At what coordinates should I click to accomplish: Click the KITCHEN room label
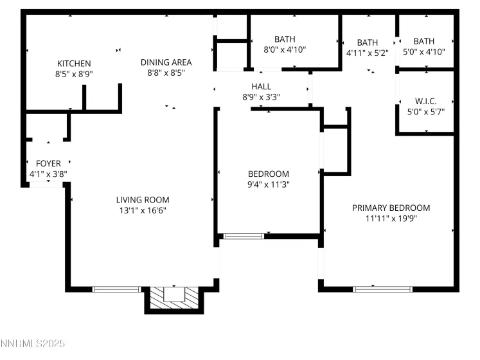pos(74,63)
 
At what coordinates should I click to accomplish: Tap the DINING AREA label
pos(166,62)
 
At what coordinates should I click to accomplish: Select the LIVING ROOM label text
pos(142,199)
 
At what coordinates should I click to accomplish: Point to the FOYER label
pos(48,163)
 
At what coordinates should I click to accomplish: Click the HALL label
pos(261,86)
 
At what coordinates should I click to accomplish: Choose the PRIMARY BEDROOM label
pos(391,208)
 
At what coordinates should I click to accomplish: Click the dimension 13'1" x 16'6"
pos(142,210)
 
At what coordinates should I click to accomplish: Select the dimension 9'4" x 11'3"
pos(269,184)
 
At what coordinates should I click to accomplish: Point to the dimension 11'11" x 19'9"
pos(391,218)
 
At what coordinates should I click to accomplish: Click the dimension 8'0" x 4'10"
pos(284,49)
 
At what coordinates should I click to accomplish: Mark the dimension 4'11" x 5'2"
pos(368,53)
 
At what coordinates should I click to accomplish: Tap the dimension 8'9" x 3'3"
pos(261,96)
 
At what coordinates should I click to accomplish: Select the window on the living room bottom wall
pos(117,289)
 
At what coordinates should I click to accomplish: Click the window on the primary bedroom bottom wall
pos(383,289)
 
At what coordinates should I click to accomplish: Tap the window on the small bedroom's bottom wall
pos(244,237)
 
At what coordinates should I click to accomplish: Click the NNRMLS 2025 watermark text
pos(33,345)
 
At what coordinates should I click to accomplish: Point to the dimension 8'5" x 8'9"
pos(74,73)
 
